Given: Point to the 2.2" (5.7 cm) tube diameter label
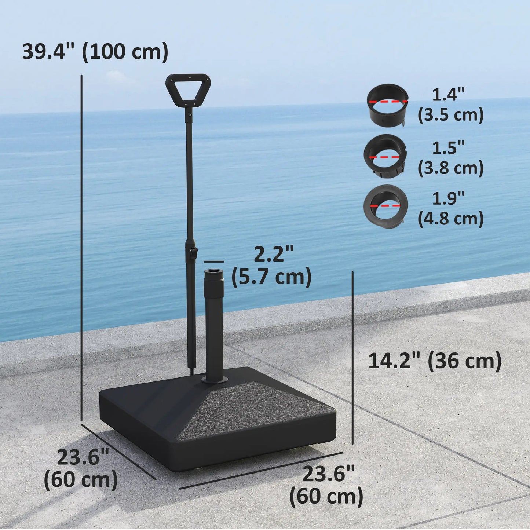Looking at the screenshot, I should click(x=272, y=266).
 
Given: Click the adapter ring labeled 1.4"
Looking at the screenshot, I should click(x=388, y=105).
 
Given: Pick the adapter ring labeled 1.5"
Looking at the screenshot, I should click(x=385, y=156).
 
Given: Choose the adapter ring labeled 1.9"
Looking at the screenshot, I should click(x=385, y=206).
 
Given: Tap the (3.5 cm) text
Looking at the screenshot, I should click(x=451, y=115).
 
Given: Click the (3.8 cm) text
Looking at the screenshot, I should click(x=451, y=168).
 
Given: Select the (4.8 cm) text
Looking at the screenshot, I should click(x=451, y=219).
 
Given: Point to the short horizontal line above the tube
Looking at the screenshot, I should click(x=213, y=262).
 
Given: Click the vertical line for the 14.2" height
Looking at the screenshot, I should click(x=352, y=358).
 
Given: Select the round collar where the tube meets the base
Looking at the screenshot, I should click(x=214, y=381).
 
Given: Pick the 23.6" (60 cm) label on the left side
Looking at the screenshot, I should click(x=81, y=469).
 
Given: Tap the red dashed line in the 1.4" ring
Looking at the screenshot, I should click(x=388, y=102).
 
